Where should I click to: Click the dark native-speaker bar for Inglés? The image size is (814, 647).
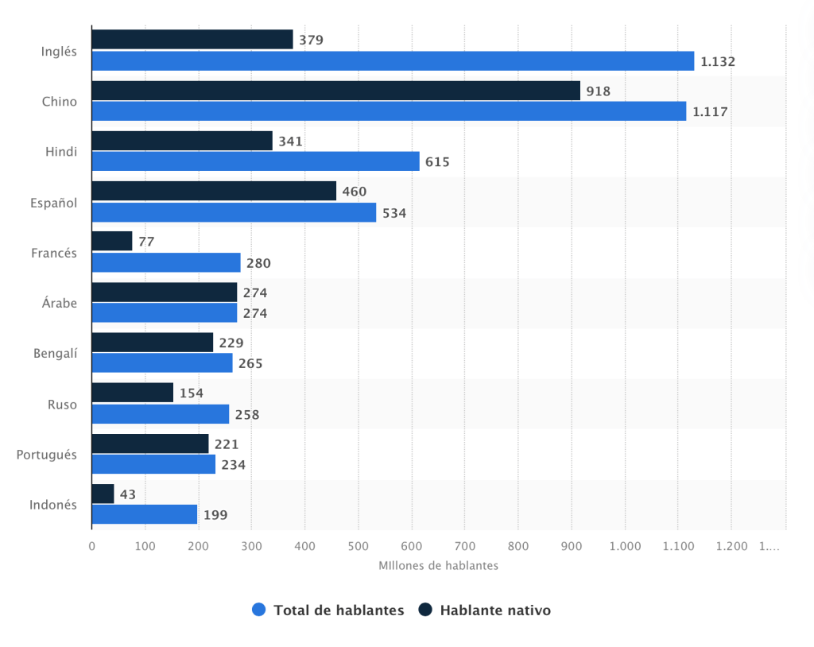tap(192, 40)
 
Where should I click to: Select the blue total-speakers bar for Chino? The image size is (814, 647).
tap(389, 111)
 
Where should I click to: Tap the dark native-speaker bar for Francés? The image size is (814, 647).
tap(112, 241)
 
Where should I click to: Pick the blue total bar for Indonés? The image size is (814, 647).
tap(144, 514)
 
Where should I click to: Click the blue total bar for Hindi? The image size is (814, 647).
tap(255, 161)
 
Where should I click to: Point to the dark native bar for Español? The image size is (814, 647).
tap(214, 191)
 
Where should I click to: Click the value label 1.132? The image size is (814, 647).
tap(718, 61)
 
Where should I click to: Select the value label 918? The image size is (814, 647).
tap(598, 91)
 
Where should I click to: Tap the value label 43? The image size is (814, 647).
tap(127, 494)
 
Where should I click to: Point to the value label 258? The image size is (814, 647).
tap(247, 414)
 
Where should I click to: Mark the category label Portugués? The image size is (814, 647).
tap(47, 455)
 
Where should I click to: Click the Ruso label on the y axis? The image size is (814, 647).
tap(62, 404)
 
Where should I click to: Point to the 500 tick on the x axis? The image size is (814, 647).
tap(358, 546)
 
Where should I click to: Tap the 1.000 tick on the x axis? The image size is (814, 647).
tap(624, 546)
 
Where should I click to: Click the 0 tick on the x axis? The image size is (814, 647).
tap(91, 546)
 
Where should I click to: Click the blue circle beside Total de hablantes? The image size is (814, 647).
tap(258, 610)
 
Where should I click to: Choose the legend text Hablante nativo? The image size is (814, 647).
tap(494, 610)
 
